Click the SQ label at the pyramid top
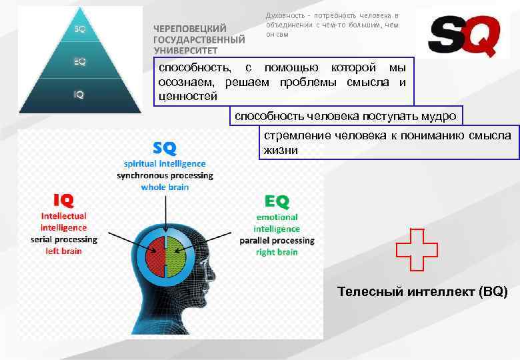click(79, 29)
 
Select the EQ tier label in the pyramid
click(79, 61)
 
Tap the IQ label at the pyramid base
click(79, 95)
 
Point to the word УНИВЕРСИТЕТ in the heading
click(187, 49)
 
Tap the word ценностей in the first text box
click(185, 96)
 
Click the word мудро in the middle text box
click(438, 116)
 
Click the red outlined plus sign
click(417, 249)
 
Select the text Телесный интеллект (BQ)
click(422, 291)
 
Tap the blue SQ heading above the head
click(164, 146)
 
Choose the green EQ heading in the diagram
click(277, 200)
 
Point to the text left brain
click(64, 251)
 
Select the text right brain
click(277, 252)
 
